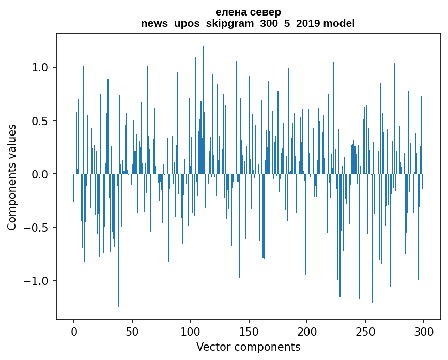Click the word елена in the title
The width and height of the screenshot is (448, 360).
(x=230, y=12)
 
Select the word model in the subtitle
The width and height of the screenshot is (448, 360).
(x=339, y=23)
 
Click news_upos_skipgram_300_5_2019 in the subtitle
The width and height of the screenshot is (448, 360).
(x=231, y=23)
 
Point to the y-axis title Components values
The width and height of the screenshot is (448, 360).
(x=12, y=176)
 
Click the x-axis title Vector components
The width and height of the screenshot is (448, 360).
(x=248, y=347)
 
